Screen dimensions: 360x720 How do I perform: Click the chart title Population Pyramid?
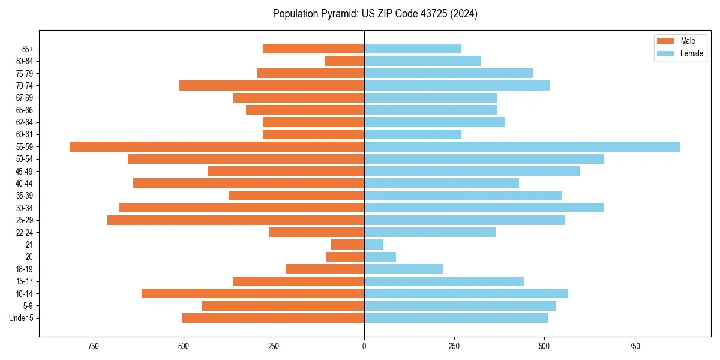(x=375, y=14)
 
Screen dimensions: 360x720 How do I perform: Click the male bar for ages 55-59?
(x=217, y=146)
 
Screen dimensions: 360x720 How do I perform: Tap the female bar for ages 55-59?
(x=522, y=146)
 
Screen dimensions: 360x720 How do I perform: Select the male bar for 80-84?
(x=344, y=61)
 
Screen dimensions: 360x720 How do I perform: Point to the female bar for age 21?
(x=374, y=244)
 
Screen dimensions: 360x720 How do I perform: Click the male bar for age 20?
(x=345, y=257)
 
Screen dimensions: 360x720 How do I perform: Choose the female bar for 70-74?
(x=457, y=85)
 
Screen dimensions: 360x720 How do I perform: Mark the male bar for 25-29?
(x=236, y=220)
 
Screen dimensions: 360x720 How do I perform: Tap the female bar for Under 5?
(x=456, y=318)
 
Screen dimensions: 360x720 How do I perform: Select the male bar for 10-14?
(x=253, y=293)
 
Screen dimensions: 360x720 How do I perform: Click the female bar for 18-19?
(x=403, y=269)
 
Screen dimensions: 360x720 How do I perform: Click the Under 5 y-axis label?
(x=22, y=318)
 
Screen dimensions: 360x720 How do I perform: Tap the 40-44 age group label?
(x=25, y=183)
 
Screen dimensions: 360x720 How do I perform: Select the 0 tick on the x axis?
(x=364, y=346)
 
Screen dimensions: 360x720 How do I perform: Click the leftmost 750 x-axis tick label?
(x=93, y=346)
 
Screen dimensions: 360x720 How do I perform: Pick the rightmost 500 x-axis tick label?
(x=544, y=346)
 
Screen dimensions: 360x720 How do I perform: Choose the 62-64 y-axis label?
(x=25, y=122)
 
